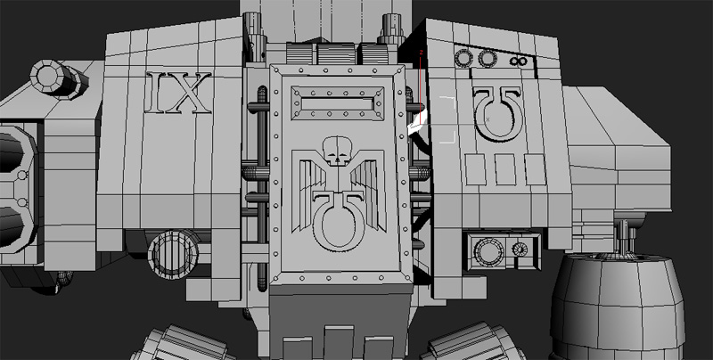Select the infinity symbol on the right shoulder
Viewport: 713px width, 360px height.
click(518, 61)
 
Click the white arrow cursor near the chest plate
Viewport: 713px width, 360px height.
click(417, 123)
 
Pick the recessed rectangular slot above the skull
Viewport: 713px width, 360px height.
click(338, 104)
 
